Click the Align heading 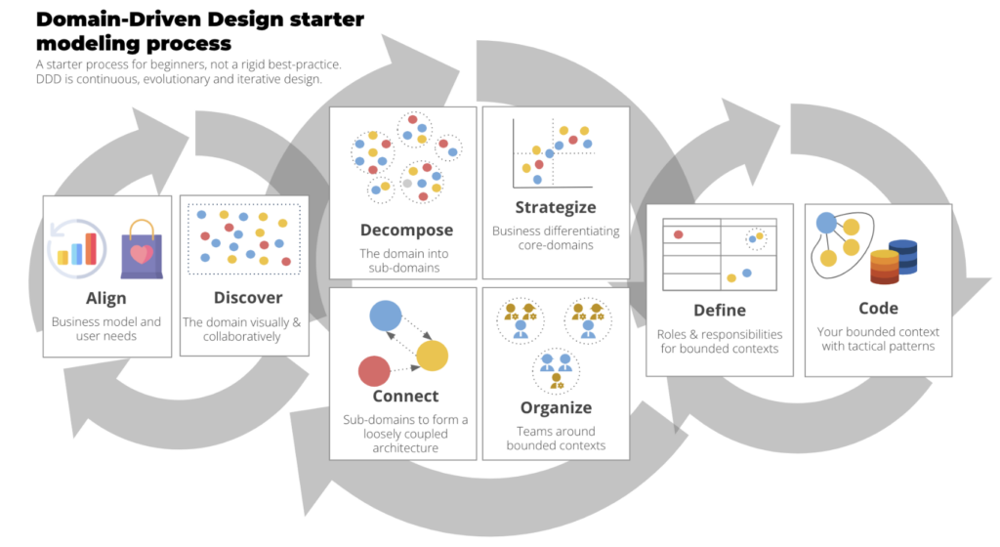tap(106, 298)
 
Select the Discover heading tap(248, 298)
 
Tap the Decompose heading tap(406, 231)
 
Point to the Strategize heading tap(555, 207)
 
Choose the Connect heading tap(405, 397)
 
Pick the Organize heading tap(556, 407)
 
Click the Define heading tap(720, 310)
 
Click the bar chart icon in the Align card tap(78, 250)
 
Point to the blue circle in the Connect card tap(386, 316)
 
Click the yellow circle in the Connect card tap(432, 357)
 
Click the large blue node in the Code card tap(827, 223)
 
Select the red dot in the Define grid tap(679, 234)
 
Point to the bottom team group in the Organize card tap(555, 371)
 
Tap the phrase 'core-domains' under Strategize tap(555, 245)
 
